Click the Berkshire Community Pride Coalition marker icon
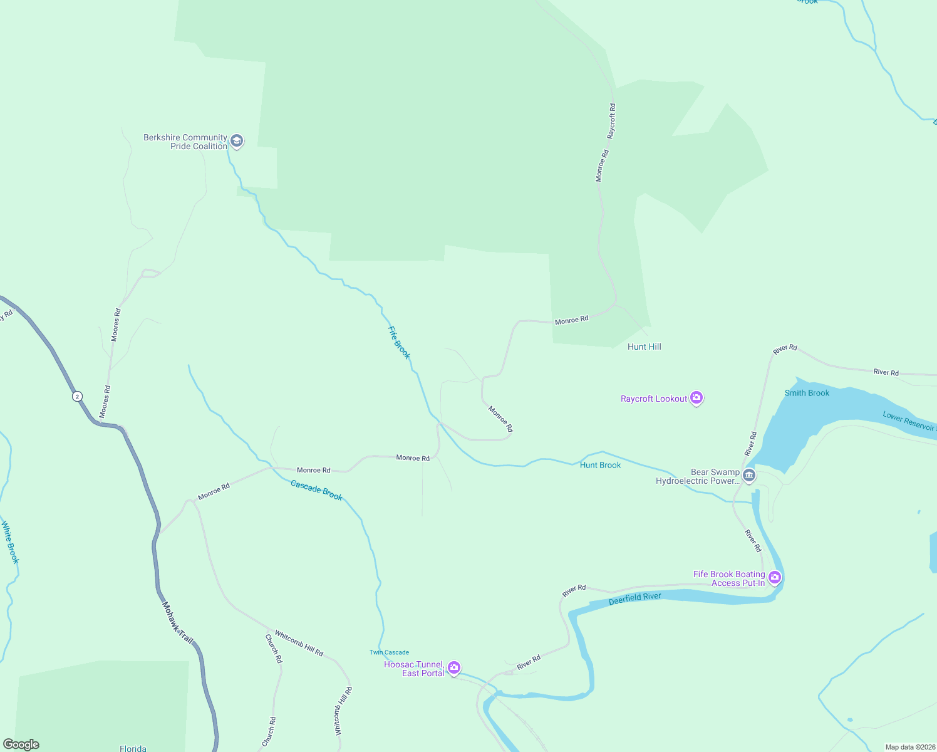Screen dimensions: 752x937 pyautogui.click(x=237, y=141)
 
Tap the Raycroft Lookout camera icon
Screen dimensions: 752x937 pyautogui.click(x=696, y=398)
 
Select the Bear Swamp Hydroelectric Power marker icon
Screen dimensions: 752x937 pyautogui.click(x=749, y=476)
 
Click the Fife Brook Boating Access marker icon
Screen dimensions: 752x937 pyautogui.click(x=775, y=577)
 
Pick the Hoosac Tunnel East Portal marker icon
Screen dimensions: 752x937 pyautogui.click(x=454, y=668)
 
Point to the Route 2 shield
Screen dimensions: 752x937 pyautogui.click(x=76, y=396)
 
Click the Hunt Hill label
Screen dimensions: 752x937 pyautogui.click(x=644, y=347)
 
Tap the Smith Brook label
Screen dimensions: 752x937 pyautogui.click(x=807, y=393)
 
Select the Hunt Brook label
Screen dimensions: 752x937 pyautogui.click(x=600, y=465)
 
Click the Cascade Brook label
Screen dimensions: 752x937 pyautogui.click(x=316, y=489)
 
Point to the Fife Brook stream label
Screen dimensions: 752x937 pyautogui.click(x=398, y=343)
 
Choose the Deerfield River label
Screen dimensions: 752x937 pyautogui.click(x=634, y=598)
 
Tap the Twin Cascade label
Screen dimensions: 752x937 pyautogui.click(x=389, y=652)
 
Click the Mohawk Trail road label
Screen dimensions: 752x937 pyautogui.click(x=177, y=622)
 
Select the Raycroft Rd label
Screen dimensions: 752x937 pyautogui.click(x=612, y=121)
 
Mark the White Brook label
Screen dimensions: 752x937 pyautogui.click(x=10, y=542)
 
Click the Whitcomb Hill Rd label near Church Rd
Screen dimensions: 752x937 pyautogui.click(x=299, y=643)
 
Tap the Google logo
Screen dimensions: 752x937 pyautogui.click(x=21, y=744)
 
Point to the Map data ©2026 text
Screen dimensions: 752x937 pyautogui.click(x=909, y=747)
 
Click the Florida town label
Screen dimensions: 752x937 pyautogui.click(x=133, y=748)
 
